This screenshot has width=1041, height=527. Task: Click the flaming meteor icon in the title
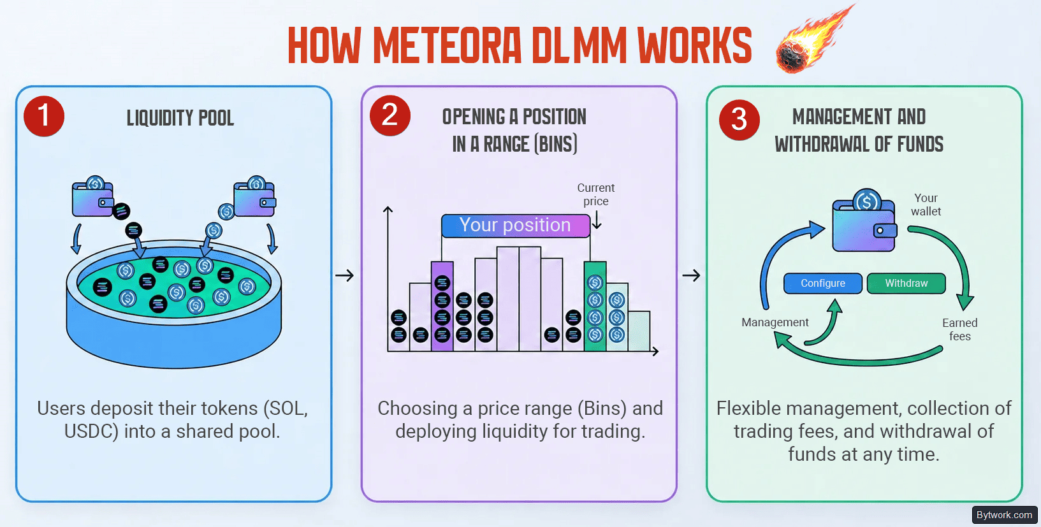pyautogui.click(x=813, y=40)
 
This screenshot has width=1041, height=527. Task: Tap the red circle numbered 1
pyautogui.click(x=44, y=116)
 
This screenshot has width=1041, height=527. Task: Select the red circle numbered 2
pyautogui.click(x=390, y=115)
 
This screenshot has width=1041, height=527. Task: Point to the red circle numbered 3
pyautogui.click(x=739, y=120)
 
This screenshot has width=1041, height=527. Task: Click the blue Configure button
pyautogui.click(x=822, y=284)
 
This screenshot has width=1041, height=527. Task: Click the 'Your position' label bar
pyautogui.click(x=515, y=226)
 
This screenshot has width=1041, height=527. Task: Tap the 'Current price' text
pyautogui.click(x=596, y=194)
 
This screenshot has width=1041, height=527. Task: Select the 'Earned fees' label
pyautogui.click(x=959, y=329)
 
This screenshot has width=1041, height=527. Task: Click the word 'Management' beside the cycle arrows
pyautogui.click(x=775, y=322)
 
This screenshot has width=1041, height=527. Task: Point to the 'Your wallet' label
pyautogui.click(x=926, y=205)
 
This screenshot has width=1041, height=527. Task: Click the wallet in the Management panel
pyautogui.click(x=864, y=220)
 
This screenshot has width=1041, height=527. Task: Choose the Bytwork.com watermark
pyautogui.click(x=1004, y=514)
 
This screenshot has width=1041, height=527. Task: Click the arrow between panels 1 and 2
pyautogui.click(x=344, y=275)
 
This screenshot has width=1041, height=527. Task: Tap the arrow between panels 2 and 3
pyautogui.click(x=692, y=275)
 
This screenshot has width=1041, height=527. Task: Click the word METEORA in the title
pyautogui.click(x=448, y=45)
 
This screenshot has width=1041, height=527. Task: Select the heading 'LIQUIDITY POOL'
pyautogui.click(x=180, y=118)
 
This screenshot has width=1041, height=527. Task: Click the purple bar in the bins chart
pyautogui.click(x=442, y=307)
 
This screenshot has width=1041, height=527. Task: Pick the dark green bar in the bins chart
pyautogui.click(x=595, y=307)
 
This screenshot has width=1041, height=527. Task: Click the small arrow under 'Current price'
pyautogui.click(x=597, y=220)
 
